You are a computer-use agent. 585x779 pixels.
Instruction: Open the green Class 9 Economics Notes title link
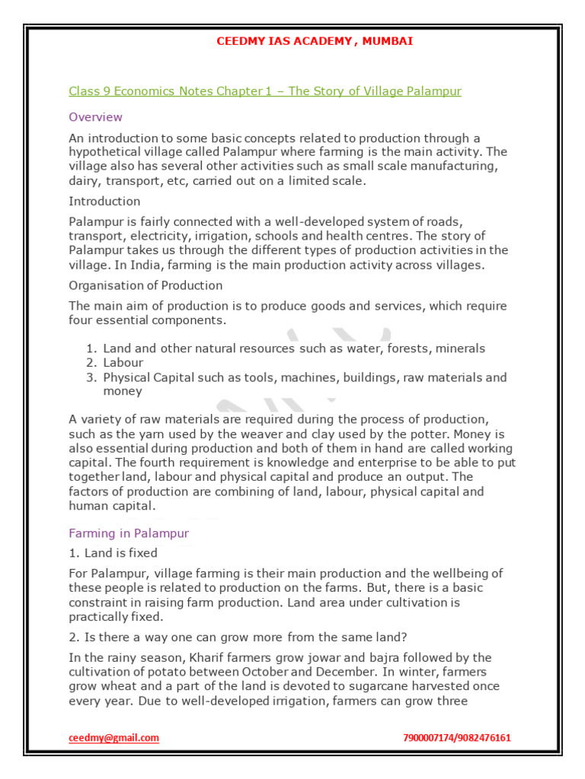[x=265, y=91]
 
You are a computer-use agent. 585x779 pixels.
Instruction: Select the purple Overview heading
[x=95, y=117]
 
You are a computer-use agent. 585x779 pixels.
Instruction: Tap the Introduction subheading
[x=104, y=201]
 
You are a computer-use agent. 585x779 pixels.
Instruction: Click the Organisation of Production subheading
[x=145, y=285]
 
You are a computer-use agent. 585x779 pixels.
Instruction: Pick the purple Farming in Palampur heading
[x=129, y=533]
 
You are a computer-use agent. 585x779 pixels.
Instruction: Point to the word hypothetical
[x=103, y=152]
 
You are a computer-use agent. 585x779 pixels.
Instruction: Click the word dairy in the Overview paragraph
[x=84, y=180]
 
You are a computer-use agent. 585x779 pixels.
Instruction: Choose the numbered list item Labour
[x=123, y=363]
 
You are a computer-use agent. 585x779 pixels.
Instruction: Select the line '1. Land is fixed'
[x=113, y=553]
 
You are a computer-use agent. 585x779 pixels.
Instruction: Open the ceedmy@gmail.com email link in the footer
[x=113, y=738]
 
